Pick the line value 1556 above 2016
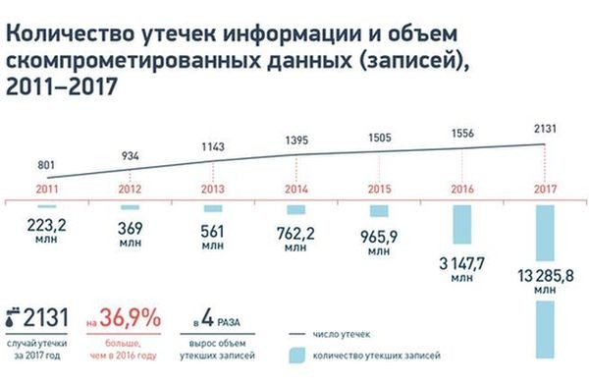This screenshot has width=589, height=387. pos(462,132)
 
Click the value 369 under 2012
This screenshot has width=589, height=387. pos(131,228)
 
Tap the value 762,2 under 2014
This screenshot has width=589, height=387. pos(297,234)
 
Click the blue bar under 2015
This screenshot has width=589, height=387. pos(379,211)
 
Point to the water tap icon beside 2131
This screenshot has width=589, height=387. pos(12,319)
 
